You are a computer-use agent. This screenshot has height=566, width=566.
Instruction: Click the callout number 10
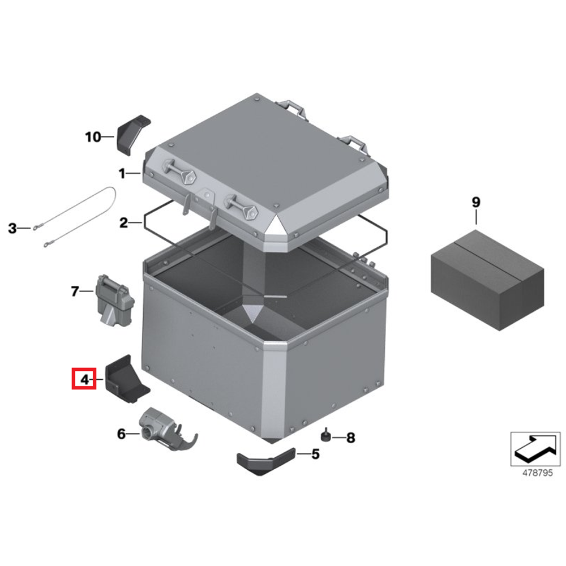pyautogui.click(x=93, y=137)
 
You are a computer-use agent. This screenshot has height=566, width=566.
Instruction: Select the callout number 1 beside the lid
pyautogui.click(x=122, y=174)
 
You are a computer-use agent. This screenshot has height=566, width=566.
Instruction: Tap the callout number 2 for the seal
pyautogui.click(x=123, y=222)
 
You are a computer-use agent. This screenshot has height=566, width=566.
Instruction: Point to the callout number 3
pyautogui.click(x=12, y=228)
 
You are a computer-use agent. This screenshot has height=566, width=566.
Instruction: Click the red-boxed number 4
pyautogui.click(x=84, y=380)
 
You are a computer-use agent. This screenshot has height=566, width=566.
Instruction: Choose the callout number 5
pyautogui.click(x=315, y=454)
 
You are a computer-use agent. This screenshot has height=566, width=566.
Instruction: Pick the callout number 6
pyautogui.click(x=121, y=434)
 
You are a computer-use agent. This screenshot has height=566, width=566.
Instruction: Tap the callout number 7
pyautogui.click(x=75, y=291)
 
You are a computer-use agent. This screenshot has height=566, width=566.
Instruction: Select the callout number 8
pyautogui.click(x=351, y=438)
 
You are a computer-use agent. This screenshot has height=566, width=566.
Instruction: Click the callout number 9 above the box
pyautogui.click(x=476, y=202)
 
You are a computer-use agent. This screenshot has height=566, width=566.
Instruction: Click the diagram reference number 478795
pyautogui.click(x=538, y=473)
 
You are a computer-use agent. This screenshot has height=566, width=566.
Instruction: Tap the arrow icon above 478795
pyautogui.click(x=535, y=448)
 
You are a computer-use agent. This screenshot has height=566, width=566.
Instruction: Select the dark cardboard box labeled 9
pyautogui.click(x=487, y=280)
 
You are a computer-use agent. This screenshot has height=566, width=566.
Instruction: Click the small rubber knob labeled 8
pyautogui.click(x=326, y=435)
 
